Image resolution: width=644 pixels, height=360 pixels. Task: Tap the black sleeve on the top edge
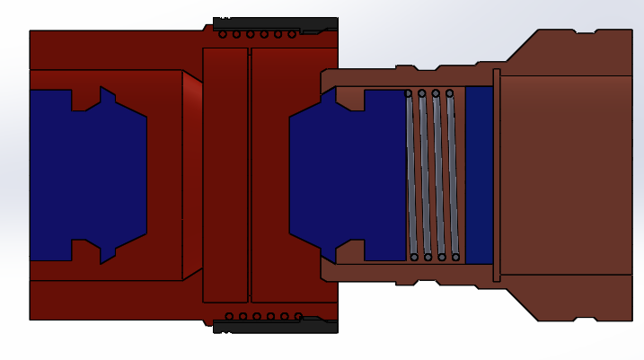[274, 23]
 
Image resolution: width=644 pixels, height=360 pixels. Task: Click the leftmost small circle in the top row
[223, 34]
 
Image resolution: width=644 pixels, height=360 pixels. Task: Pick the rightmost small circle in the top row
[293, 34]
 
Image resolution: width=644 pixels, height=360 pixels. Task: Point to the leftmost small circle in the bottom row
[229, 316]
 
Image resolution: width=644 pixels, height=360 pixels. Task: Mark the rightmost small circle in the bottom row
[298, 316]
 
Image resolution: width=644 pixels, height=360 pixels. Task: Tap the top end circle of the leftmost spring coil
[408, 93]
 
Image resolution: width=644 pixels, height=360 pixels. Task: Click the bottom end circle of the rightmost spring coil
[456, 258]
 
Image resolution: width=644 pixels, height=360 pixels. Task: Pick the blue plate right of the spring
[479, 175]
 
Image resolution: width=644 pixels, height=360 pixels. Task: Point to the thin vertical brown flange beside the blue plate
[496, 175]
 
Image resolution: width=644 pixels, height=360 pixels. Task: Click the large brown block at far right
[566, 175]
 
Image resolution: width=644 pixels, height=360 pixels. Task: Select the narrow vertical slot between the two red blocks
[250, 175]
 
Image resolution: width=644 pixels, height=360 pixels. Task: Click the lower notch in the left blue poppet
[86, 250]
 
